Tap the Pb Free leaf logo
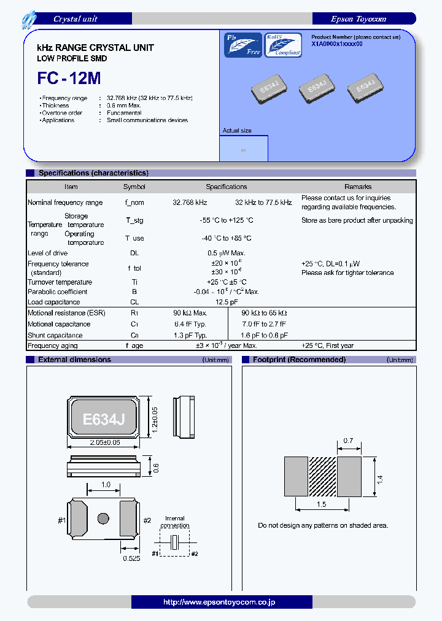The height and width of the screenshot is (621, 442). [243, 45]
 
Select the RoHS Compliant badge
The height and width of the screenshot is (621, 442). [283, 45]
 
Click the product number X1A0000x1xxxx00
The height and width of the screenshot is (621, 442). [337, 44]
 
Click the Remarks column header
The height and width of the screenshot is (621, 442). [358, 187]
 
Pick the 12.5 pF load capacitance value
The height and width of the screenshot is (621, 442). [227, 302]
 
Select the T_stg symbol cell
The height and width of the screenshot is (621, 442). [134, 220]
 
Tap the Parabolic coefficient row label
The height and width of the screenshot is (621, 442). [58, 292]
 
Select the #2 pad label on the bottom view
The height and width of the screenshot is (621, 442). [147, 520]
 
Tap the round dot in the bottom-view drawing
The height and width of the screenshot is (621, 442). [103, 518]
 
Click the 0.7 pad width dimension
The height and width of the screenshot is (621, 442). [349, 441]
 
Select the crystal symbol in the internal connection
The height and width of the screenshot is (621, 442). [175, 542]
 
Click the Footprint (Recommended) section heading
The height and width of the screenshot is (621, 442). [299, 360]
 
